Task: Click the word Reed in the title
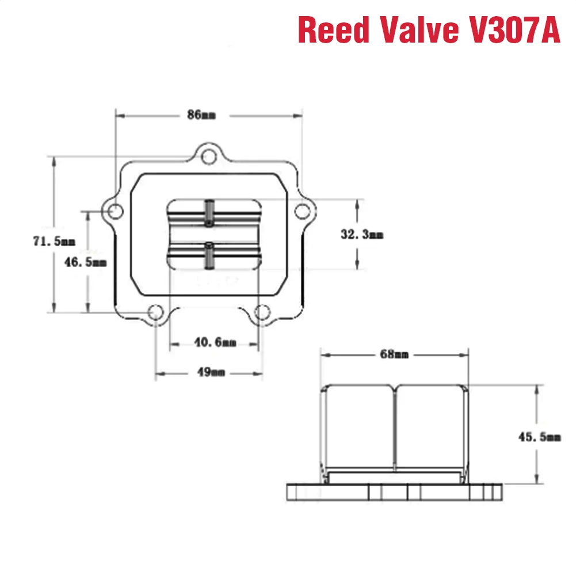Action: (334, 30)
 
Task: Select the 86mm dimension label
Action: (201, 115)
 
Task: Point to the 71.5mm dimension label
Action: (54, 241)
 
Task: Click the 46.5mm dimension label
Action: (85, 262)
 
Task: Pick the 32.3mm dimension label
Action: (362, 234)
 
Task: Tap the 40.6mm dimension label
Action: (215, 342)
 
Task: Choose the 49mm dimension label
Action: (211, 372)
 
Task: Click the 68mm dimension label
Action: (394, 354)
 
